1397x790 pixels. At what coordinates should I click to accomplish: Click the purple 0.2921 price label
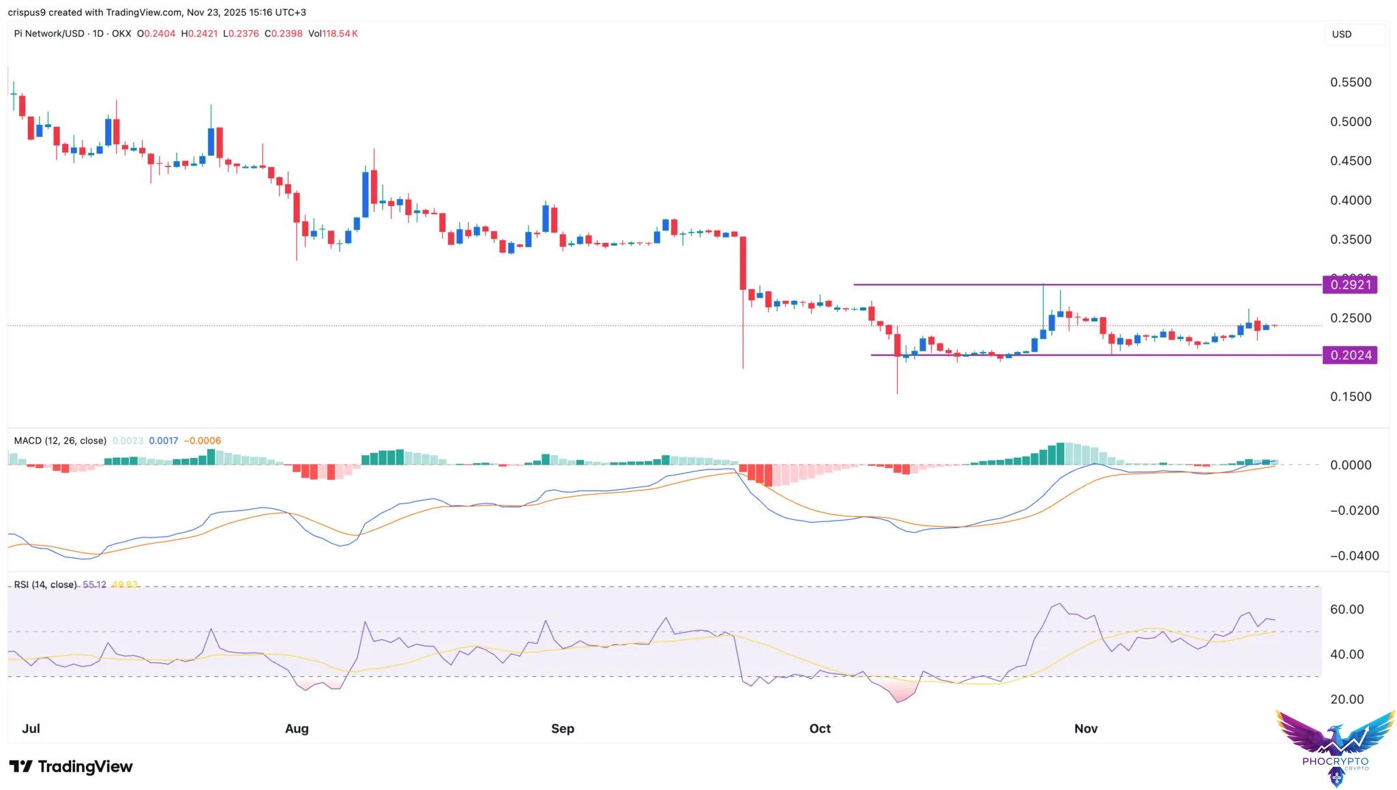pyautogui.click(x=1349, y=284)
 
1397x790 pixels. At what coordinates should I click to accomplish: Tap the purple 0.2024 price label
pyautogui.click(x=1349, y=355)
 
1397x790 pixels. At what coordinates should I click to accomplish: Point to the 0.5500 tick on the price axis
pyautogui.click(x=1350, y=83)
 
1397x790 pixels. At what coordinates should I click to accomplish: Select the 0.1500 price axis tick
pyautogui.click(x=1350, y=396)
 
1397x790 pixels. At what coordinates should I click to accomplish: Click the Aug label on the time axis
pyautogui.click(x=296, y=728)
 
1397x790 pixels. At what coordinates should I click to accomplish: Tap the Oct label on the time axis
pyautogui.click(x=819, y=728)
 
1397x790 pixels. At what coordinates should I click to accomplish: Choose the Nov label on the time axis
pyautogui.click(x=1085, y=728)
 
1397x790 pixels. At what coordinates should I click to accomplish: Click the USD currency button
pyautogui.click(x=1342, y=34)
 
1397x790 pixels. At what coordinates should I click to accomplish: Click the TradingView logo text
pyautogui.click(x=71, y=766)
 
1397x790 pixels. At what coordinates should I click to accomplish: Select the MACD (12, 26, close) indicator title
pyautogui.click(x=60, y=441)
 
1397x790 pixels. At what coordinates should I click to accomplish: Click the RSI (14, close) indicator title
pyautogui.click(x=45, y=585)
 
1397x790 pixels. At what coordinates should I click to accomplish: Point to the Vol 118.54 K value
pyautogui.click(x=333, y=33)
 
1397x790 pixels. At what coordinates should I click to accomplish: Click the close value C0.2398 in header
pyautogui.click(x=283, y=33)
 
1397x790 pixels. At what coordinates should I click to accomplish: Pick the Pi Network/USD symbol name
pyautogui.click(x=49, y=33)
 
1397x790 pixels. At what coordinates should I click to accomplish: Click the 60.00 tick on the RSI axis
pyautogui.click(x=1347, y=609)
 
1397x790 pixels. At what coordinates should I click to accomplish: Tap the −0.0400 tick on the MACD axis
pyautogui.click(x=1354, y=555)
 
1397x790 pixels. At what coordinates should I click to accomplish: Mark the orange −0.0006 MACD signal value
pyautogui.click(x=203, y=441)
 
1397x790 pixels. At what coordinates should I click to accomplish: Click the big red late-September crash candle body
pyautogui.click(x=743, y=263)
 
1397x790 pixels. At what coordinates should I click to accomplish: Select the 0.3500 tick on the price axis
pyautogui.click(x=1350, y=239)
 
